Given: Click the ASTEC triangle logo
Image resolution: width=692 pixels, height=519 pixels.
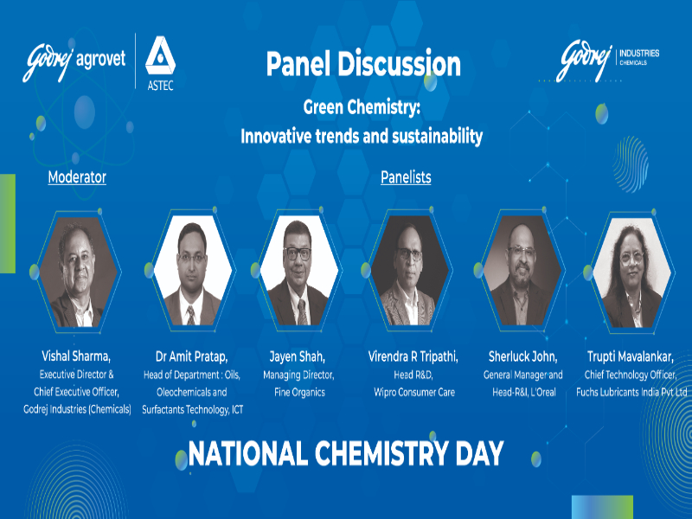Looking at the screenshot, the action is coord(160,56).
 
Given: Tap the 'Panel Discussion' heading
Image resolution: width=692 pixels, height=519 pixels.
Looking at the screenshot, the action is coord(363,64).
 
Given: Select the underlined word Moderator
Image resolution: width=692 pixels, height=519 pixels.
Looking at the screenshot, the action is coord(77,177).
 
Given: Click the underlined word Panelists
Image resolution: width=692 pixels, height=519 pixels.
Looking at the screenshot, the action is coord(406,177).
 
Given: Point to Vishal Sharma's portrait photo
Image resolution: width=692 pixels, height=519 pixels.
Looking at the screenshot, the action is coord(78,272).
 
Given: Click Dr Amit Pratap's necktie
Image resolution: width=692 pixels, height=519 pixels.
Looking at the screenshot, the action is coord(190,315).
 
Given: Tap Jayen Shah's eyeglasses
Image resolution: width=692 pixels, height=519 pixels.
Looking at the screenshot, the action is coord(298,253).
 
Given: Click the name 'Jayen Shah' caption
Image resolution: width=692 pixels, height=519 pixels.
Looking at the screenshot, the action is coord(298,356).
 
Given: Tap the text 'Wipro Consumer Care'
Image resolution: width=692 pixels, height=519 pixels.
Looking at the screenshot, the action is coord(414,393).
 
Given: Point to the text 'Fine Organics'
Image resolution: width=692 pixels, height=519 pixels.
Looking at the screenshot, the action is coord(299,393).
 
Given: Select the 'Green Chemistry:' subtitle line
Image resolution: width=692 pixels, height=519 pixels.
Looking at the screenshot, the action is coord(362,107).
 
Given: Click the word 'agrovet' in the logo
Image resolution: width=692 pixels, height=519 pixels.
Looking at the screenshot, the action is coord(101,60).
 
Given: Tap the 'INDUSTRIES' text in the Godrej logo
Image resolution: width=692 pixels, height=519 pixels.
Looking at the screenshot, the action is coord(639,54).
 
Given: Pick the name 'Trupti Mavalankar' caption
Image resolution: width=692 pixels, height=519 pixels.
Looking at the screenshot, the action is coord(631,356).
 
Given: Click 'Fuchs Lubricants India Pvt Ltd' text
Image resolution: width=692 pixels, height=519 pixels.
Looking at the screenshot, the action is coord(631,393).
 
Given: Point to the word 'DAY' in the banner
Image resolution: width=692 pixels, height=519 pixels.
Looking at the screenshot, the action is coord(479,453).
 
